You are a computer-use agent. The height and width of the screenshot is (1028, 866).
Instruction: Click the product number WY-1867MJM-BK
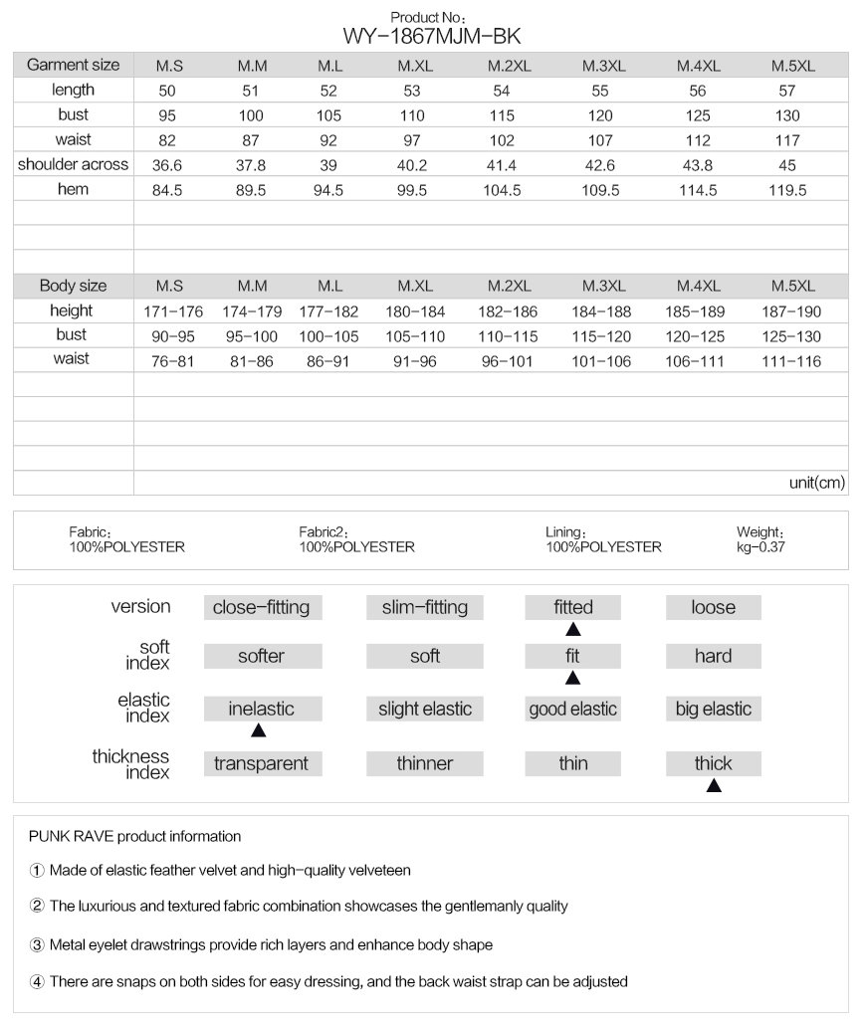[x=431, y=37]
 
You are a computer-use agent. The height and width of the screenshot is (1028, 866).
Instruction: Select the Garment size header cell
[x=73, y=65]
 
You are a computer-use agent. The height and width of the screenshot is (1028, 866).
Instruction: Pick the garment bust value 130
[x=786, y=115]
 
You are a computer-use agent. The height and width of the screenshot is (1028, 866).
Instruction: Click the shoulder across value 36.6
[x=165, y=165]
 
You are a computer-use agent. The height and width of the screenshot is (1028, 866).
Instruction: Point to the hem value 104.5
[x=502, y=190]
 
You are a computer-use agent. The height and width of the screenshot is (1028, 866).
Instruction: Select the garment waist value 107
[x=601, y=140]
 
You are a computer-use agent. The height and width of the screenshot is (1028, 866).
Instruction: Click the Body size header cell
[x=73, y=286]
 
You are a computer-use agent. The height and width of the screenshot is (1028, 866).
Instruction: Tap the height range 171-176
[x=173, y=311]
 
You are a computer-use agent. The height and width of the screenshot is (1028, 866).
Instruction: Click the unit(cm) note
[x=816, y=483]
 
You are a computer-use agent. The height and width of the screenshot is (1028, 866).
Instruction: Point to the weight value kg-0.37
[x=761, y=546]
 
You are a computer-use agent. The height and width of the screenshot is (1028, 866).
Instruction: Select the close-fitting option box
[x=261, y=607]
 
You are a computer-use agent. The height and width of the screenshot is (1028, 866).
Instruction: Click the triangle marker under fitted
[x=573, y=629]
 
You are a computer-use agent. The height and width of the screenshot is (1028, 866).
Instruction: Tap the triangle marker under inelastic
[x=259, y=730]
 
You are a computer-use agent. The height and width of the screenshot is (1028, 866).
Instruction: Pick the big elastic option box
[x=713, y=710]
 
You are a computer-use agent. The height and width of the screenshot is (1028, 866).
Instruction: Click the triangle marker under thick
[x=714, y=785]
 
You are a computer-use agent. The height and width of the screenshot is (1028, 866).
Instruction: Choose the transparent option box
[x=261, y=763]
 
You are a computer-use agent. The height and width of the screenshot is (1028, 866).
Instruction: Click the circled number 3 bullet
[x=37, y=944]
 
